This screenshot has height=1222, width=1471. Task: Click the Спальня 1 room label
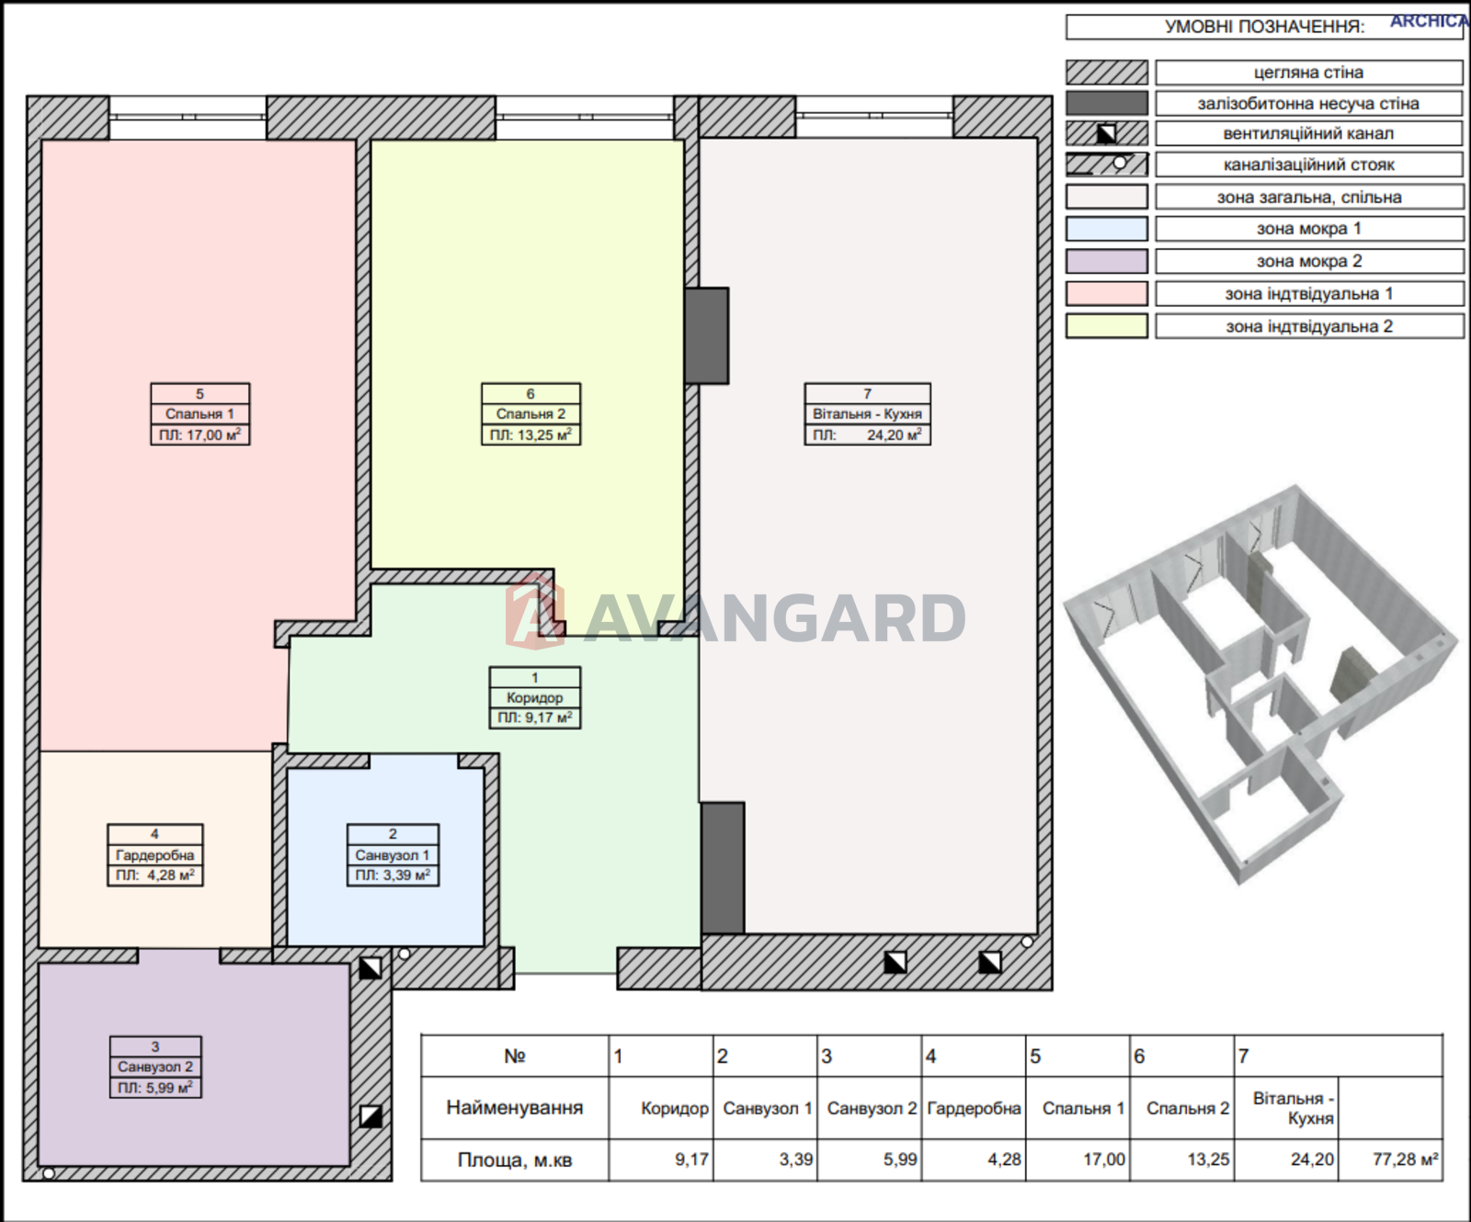(200, 413)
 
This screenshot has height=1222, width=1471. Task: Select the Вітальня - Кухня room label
(867, 413)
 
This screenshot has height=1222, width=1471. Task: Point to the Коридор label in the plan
(534, 697)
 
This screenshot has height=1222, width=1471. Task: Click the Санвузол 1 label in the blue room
(393, 854)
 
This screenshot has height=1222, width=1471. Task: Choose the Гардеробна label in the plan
(154, 854)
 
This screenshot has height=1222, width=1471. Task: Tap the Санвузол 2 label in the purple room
(155, 1067)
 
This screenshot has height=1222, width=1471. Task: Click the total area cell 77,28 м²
(1405, 1160)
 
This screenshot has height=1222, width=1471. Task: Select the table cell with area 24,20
(1312, 1160)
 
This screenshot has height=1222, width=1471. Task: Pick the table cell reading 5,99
(900, 1160)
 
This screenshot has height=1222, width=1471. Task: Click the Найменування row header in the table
(515, 1107)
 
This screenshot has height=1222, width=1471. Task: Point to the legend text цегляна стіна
(1308, 73)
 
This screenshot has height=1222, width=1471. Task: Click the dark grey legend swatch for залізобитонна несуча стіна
(1107, 103)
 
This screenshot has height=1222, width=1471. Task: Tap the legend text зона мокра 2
(1309, 261)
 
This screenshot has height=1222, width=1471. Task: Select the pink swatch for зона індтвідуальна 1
(1107, 293)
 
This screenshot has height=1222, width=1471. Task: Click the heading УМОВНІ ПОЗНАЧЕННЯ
(1264, 27)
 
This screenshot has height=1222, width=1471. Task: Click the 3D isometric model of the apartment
(1260, 685)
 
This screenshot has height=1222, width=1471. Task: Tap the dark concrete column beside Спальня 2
(707, 335)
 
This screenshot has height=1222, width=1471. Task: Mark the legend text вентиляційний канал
(1308, 133)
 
